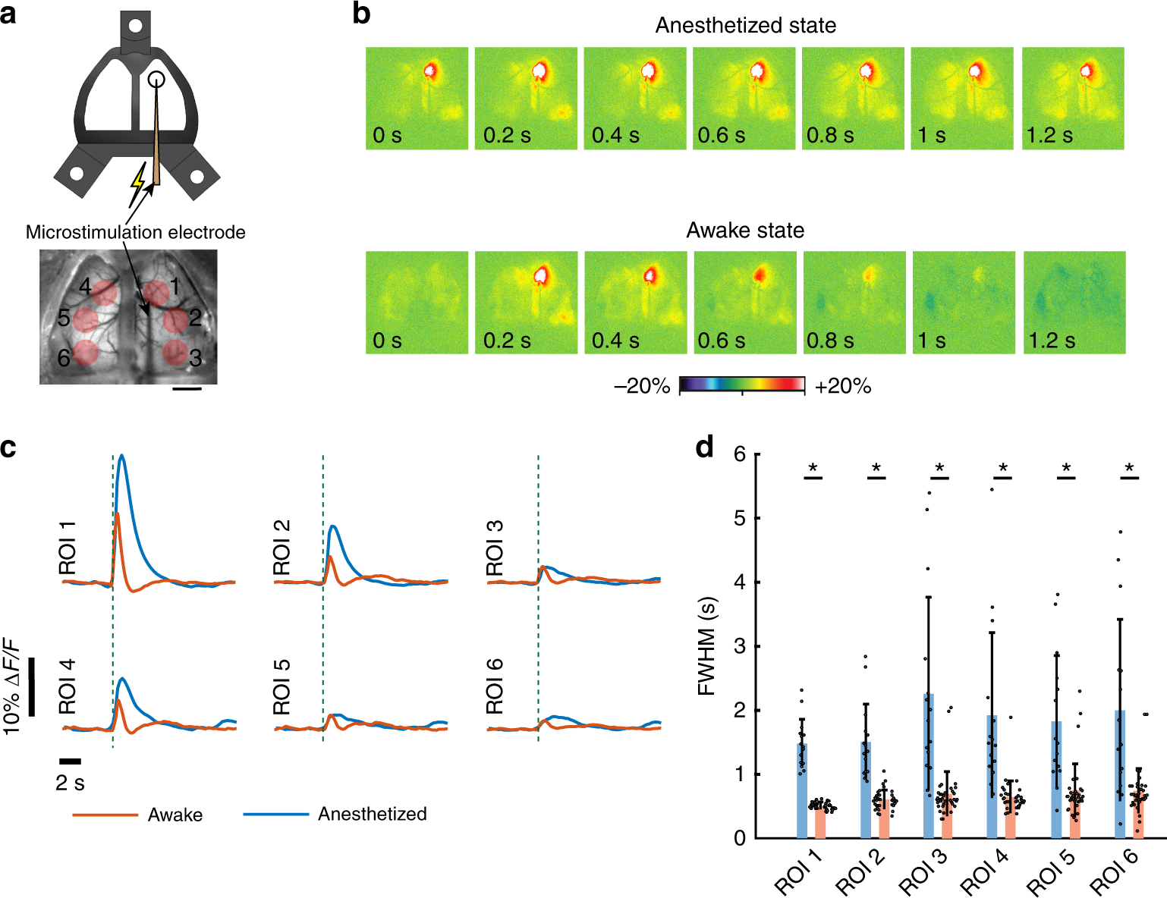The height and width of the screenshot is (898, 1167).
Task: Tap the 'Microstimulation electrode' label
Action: pos(135,232)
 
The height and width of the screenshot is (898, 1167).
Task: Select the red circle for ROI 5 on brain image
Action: pos(85,319)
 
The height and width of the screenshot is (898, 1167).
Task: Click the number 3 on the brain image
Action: pos(196,357)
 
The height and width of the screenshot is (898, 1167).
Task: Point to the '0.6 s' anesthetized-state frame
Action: pos(744,99)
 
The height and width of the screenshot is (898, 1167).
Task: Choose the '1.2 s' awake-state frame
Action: pos(1074,303)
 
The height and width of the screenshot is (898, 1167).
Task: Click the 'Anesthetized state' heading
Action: pos(745,26)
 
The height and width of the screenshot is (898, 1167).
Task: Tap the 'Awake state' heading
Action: pos(745,231)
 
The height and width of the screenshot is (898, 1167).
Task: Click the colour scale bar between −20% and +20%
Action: pos(741,385)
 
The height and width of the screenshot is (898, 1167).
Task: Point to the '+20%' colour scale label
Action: pos(842,387)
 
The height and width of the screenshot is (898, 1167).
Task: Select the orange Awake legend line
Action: pos(105,815)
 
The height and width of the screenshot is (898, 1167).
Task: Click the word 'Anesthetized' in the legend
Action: pos(372,815)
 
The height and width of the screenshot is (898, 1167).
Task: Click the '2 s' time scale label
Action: pos(70,783)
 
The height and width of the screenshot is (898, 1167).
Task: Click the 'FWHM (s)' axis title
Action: pos(706,646)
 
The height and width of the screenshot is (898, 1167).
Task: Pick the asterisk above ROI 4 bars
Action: pos(1003,469)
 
